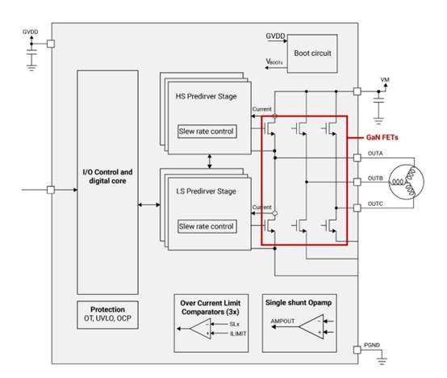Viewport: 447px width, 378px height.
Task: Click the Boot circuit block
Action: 312,53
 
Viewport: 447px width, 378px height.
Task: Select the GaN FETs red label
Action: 382,137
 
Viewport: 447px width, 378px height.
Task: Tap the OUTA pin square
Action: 357,157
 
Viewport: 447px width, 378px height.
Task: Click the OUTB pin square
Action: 357,182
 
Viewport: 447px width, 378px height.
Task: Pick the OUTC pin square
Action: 357,208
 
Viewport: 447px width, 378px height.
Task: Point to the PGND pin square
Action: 357,350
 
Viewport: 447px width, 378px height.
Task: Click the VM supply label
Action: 385,80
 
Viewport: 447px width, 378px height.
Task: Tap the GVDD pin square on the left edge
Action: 51,44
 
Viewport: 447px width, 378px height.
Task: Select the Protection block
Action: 108,315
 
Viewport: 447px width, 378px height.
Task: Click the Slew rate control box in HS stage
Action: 207,132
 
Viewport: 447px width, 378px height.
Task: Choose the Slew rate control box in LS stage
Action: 207,226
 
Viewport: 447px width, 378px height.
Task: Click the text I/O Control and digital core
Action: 107,177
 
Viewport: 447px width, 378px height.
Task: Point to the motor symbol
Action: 407,182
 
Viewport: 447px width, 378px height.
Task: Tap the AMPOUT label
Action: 282,321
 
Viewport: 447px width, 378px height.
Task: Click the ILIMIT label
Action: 238,334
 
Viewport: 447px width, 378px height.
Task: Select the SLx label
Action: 234,324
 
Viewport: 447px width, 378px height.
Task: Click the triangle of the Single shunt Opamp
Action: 311,326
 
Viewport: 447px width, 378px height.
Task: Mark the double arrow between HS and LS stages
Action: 210,162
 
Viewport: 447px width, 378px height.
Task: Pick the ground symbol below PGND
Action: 382,361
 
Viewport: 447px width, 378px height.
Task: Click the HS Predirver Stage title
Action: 206,96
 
